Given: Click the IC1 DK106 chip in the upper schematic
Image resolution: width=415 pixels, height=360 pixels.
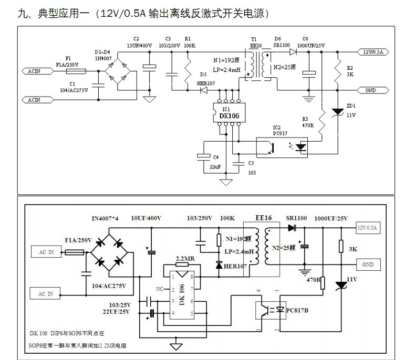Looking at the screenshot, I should click(226, 113).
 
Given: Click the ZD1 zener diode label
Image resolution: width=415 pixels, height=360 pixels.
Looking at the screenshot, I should click(351, 105).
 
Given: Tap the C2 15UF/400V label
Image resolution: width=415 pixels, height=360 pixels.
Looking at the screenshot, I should click(137, 43).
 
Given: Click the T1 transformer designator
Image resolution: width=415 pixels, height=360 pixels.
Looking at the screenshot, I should click(254, 39).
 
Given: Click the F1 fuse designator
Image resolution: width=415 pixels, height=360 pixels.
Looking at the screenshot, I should click(68, 58).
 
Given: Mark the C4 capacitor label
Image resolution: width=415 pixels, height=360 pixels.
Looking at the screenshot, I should click(215, 157).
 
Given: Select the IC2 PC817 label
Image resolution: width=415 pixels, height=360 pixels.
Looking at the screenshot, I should click(276, 128).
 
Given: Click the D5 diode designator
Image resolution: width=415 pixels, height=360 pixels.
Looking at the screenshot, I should click(203, 75).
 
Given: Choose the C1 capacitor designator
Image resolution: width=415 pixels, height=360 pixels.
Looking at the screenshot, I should click(72, 84).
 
